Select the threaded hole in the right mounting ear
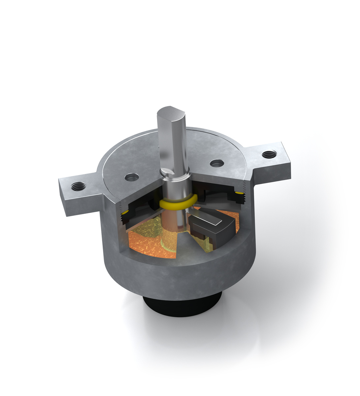click(269, 154)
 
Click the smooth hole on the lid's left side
click(132, 177)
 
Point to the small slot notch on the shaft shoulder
click(170, 171)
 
